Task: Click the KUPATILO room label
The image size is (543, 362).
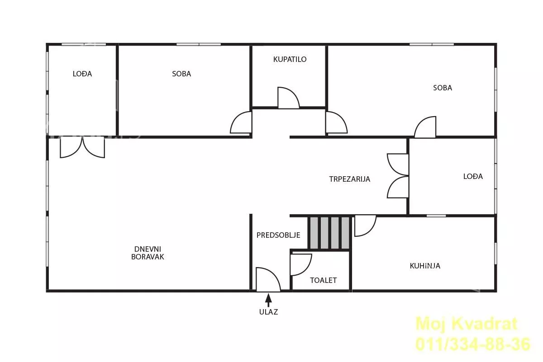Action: [290, 59]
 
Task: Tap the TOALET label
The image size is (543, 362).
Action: [324, 280]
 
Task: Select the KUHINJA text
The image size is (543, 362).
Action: [425, 266]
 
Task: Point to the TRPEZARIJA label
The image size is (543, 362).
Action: [349, 179]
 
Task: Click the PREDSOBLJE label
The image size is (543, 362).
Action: [278, 235]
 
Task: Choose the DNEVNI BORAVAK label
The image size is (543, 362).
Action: [148, 253]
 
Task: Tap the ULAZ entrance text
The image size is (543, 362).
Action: [269, 312]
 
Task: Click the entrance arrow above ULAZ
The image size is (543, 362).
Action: [268, 300]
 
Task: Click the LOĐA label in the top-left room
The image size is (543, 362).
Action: [82, 74]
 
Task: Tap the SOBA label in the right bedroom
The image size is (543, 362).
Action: [443, 88]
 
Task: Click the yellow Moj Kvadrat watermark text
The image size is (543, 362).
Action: [467, 324]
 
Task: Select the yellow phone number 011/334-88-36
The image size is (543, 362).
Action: [473, 344]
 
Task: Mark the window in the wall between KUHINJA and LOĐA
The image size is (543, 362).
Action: [436, 216]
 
